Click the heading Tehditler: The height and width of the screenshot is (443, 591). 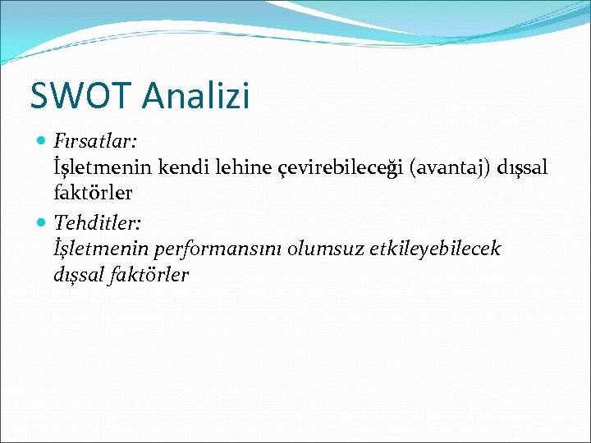[98, 221]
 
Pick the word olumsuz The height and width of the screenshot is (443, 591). [323, 249]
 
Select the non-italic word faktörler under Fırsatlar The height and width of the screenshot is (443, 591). [92, 194]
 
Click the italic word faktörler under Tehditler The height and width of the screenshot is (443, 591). [149, 275]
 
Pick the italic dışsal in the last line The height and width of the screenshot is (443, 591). [79, 275]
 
